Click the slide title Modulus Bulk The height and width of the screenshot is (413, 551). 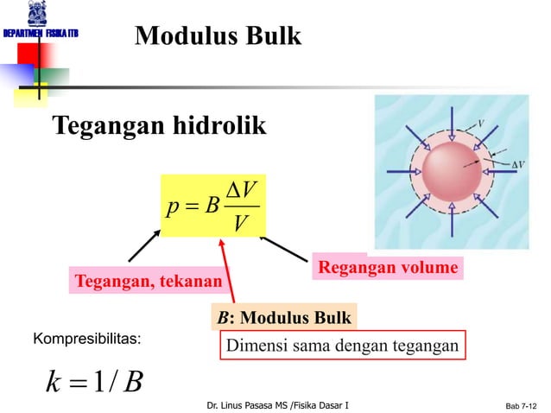pos(218,36)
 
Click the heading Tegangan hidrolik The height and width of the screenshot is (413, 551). pos(160,126)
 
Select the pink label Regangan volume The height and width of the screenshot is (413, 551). pos(387,268)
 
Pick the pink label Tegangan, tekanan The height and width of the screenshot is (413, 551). pos(148,282)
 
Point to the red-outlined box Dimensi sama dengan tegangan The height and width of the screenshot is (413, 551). pos(343,346)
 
